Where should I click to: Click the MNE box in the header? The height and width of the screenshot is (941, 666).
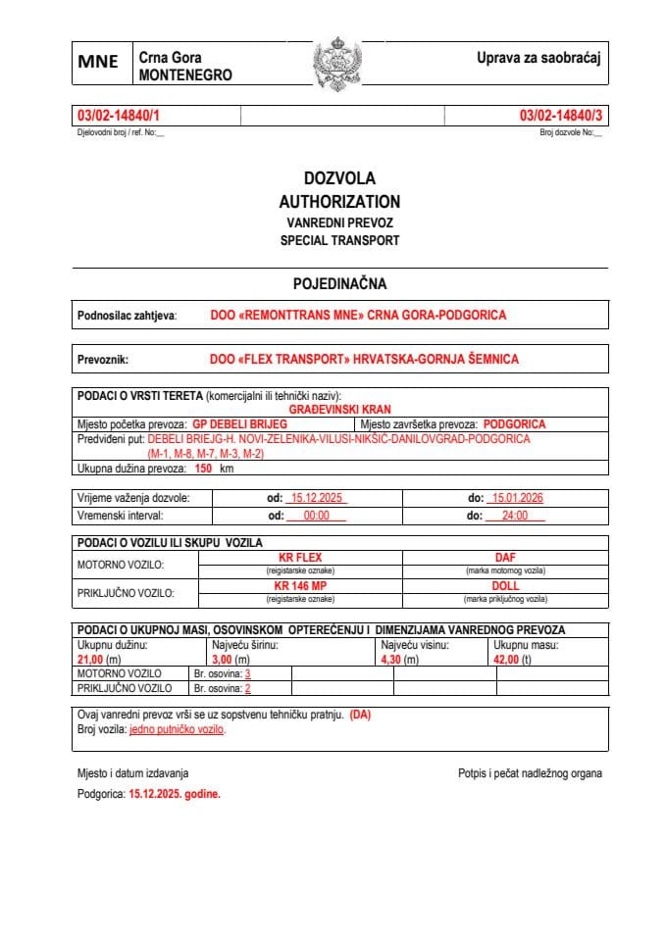[98, 62]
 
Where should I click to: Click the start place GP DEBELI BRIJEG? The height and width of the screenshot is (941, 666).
[239, 424]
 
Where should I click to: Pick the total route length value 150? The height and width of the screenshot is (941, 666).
[204, 470]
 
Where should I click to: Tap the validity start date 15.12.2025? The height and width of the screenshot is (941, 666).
[315, 498]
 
